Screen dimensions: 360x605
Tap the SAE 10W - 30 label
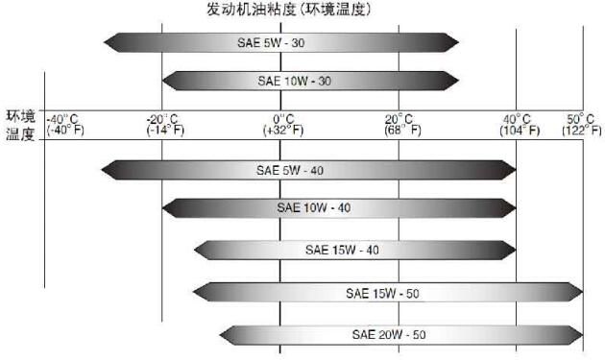coord(294,80)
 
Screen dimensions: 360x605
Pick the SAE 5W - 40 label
coord(290,170)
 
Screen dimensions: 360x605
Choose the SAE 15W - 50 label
coord(383,292)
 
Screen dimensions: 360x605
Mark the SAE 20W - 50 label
coord(389,335)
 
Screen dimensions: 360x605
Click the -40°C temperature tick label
coord(64,117)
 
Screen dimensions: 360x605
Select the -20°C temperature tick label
coord(162,117)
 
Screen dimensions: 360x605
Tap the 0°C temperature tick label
coord(278,117)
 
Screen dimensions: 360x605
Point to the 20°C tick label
coord(399,117)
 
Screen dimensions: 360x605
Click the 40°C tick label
coord(518,117)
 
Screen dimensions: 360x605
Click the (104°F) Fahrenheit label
coord(518,130)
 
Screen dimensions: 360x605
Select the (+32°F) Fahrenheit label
coord(278,130)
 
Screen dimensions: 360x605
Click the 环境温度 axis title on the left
coord(20,126)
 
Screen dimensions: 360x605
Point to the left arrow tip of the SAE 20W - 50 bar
coord(220,335)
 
